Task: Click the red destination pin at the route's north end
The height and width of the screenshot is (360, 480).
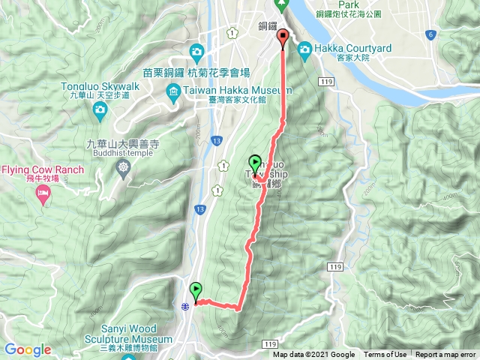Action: pyautogui.click(x=283, y=38)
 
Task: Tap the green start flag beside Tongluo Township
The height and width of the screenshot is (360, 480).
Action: pyautogui.click(x=255, y=163)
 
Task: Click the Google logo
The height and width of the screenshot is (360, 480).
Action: pyautogui.click(x=27, y=349)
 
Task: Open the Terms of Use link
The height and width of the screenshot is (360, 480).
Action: pyautogui.click(x=385, y=355)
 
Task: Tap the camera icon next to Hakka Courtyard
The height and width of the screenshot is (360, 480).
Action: pyautogui.click(x=305, y=50)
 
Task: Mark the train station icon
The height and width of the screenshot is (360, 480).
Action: pyautogui.click(x=184, y=305)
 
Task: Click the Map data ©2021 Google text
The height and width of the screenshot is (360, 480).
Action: pyautogui.click(x=313, y=355)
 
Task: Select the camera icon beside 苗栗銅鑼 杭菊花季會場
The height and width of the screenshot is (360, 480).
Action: pyautogui.click(x=196, y=52)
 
